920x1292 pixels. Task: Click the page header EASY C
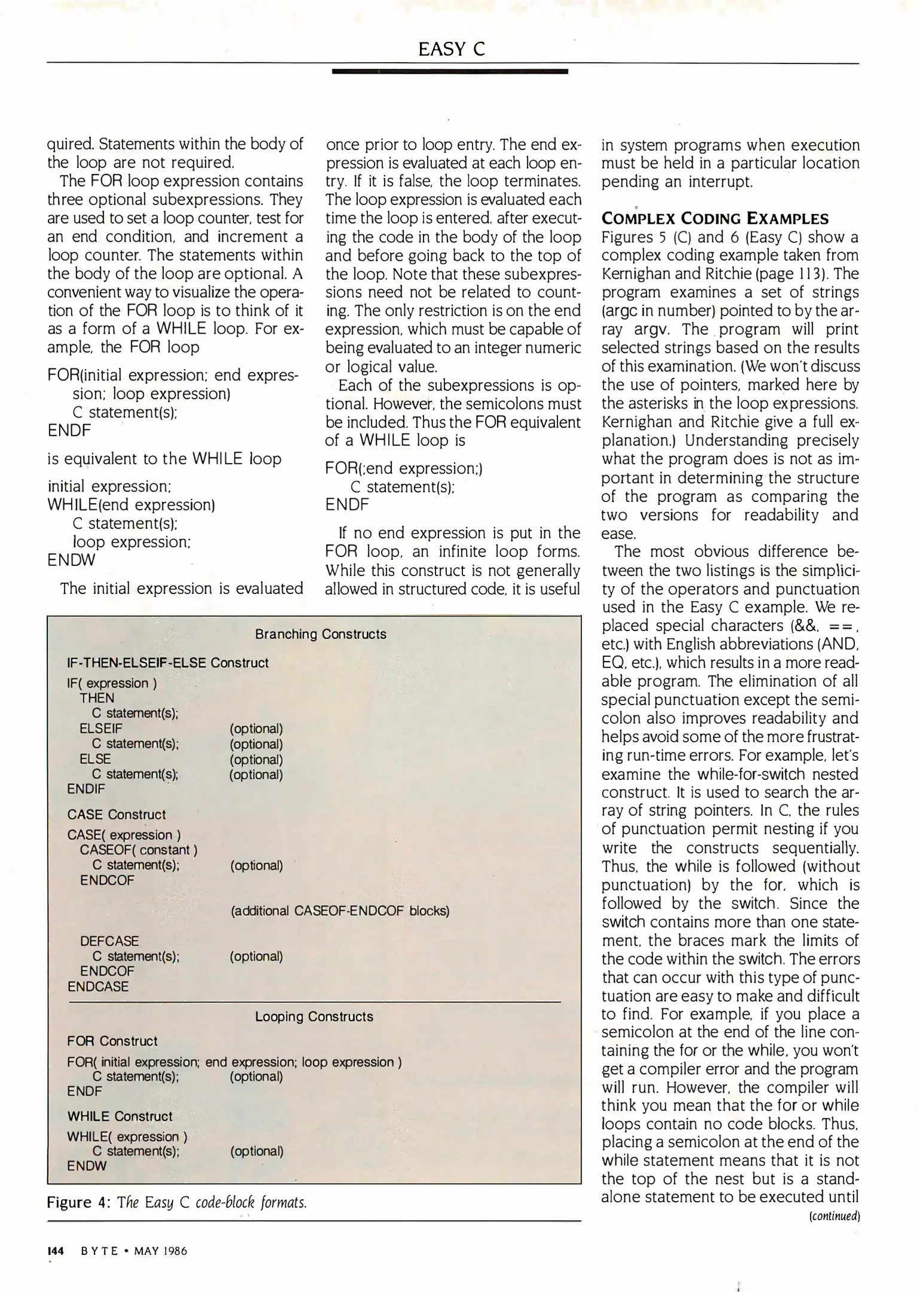coord(451,48)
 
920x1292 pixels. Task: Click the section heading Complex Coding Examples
coord(715,218)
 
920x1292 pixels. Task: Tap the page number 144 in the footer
coord(56,1251)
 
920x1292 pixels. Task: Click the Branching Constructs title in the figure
coord(321,634)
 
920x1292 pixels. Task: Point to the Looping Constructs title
coord(314,1016)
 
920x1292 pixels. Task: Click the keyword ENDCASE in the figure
coord(98,986)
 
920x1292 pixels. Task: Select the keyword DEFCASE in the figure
coord(109,941)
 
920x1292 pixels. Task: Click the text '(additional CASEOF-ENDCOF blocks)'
coord(340,910)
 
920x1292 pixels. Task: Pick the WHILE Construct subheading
coord(120,1116)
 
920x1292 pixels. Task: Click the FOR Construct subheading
coord(112,1041)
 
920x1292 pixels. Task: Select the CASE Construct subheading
coord(117,815)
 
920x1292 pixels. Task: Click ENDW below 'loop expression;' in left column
coord(71,560)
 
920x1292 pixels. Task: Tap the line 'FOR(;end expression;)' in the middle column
coord(404,468)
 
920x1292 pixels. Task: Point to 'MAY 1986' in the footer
coord(161,1251)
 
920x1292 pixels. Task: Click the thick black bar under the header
coord(450,71)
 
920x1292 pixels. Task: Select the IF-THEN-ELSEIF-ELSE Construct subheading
coord(167,663)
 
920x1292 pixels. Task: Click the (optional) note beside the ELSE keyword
coord(256,760)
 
